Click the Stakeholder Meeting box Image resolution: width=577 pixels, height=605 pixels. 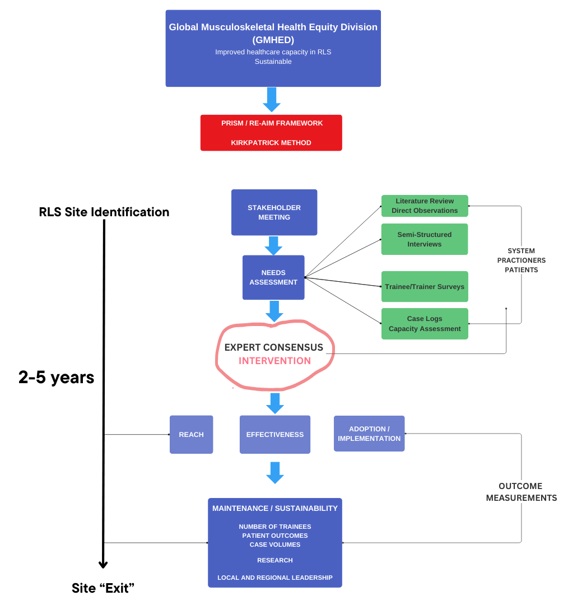274,212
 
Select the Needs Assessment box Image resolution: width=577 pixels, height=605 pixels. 273,278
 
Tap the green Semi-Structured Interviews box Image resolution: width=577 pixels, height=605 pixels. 424,239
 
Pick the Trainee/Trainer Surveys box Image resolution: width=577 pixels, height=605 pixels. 424,287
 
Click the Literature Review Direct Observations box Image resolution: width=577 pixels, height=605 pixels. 424,206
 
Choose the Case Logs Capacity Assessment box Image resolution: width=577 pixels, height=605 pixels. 424,324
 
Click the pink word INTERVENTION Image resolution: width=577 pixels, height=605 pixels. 274,361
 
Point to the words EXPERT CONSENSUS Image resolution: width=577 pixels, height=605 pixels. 274,347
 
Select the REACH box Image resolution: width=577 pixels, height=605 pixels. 191,434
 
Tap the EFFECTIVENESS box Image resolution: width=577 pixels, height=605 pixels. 274,434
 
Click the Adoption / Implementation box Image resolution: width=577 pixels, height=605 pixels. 369,434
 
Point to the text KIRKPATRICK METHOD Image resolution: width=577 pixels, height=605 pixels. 271,143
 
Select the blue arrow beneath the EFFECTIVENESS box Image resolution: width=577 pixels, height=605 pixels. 274,472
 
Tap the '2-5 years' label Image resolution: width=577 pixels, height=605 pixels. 56,378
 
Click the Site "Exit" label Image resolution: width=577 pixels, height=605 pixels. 103,588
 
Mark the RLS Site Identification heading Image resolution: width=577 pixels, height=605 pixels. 104,212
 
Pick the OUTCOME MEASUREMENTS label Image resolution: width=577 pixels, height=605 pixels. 521,492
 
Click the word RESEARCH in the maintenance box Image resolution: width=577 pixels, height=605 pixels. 274,560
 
